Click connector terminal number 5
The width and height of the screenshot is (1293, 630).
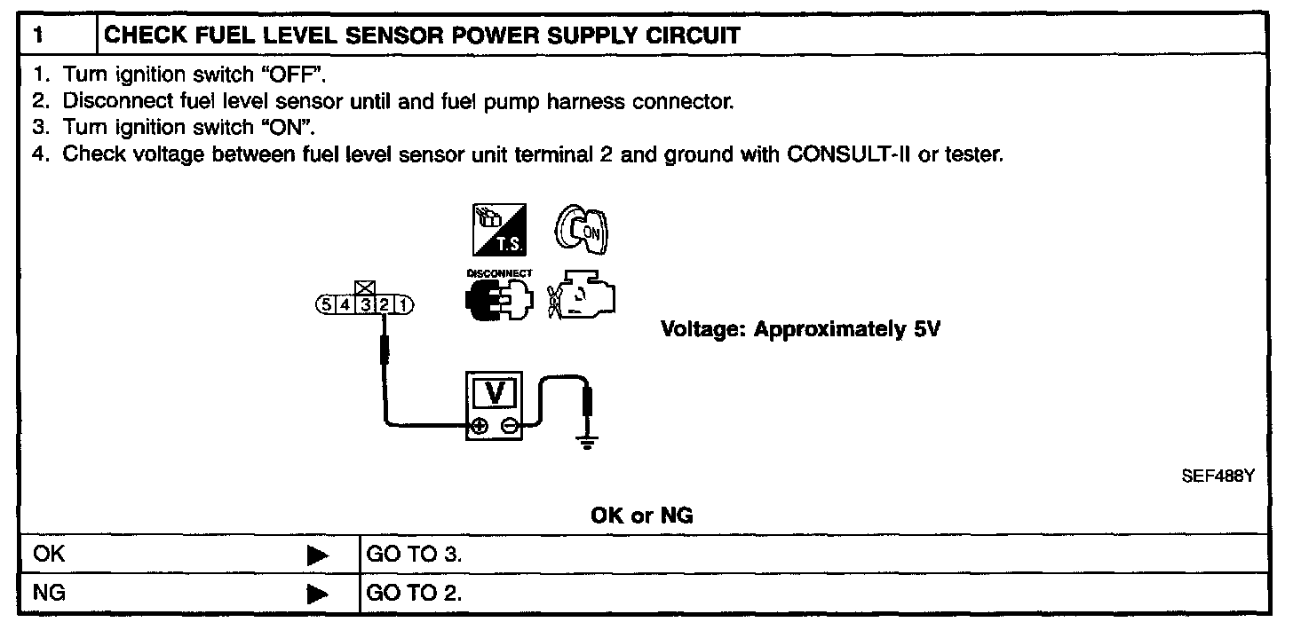coord(326,305)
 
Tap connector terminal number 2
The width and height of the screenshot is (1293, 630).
coord(385,305)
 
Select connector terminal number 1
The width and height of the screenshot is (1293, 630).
coord(404,305)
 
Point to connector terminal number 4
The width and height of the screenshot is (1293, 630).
coord(345,305)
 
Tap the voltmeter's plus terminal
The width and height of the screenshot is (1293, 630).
coord(480,426)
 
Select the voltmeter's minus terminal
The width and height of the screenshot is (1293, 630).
coord(509,426)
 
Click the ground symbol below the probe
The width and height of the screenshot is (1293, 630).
coord(586,439)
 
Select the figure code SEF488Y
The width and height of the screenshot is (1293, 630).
coord(1217,476)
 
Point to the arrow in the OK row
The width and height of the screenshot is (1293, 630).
coord(317,556)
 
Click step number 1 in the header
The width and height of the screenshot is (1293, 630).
coord(36,35)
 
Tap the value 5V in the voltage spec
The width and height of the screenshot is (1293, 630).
coord(927,329)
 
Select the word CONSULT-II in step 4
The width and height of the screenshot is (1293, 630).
coord(841,154)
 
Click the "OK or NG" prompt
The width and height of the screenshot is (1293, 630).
coord(641,516)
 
